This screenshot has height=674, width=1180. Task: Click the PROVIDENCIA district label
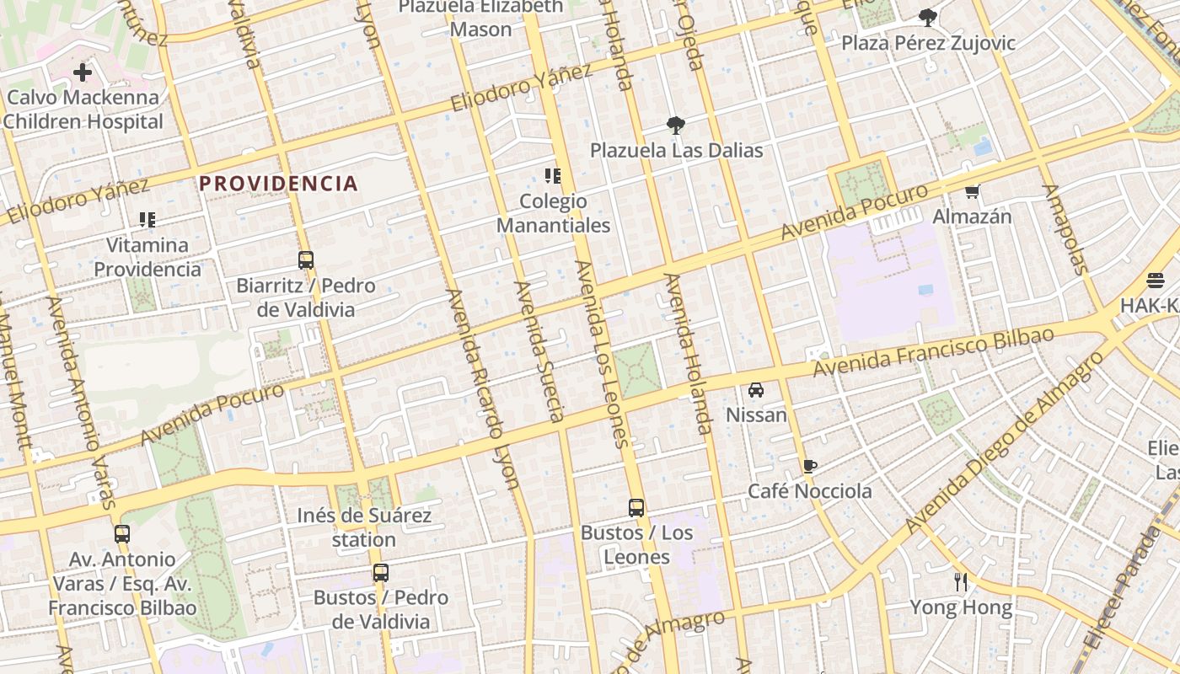click(278, 183)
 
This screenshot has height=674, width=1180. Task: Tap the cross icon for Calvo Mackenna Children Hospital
click(83, 72)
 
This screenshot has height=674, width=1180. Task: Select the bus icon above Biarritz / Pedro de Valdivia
click(306, 260)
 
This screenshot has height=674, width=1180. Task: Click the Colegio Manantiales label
click(554, 213)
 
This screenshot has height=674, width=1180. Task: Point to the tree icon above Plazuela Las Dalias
click(675, 126)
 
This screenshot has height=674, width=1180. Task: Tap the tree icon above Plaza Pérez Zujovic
click(928, 17)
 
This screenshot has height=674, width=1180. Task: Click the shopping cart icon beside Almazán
click(973, 192)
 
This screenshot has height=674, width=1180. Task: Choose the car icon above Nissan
click(756, 390)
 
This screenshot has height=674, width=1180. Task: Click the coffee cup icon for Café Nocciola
click(810, 466)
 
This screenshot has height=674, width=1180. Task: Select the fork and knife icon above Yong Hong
click(960, 581)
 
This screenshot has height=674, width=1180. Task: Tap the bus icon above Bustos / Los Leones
click(636, 508)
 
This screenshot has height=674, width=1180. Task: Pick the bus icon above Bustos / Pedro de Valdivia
click(381, 573)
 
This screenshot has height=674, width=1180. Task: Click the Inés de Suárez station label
click(364, 527)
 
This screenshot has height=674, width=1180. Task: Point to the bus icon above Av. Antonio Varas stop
click(122, 533)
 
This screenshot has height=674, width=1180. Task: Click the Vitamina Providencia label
click(147, 257)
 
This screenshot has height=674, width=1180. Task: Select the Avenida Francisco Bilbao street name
click(933, 351)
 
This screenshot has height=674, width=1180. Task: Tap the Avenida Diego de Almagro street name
click(1005, 441)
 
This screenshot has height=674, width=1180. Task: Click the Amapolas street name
click(1067, 229)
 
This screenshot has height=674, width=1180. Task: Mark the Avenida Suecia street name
click(539, 350)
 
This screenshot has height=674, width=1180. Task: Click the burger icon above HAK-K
click(1156, 281)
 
